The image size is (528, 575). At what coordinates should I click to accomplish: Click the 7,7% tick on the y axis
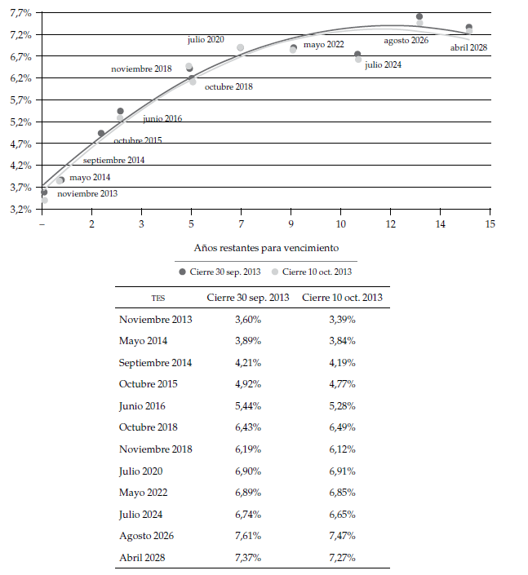[x=20, y=13]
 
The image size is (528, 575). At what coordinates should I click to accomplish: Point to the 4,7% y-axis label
[x=20, y=144]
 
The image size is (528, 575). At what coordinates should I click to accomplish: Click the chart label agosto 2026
[x=406, y=40]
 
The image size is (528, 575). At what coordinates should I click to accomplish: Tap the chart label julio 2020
[x=206, y=39]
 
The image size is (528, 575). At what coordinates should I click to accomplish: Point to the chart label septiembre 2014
[x=114, y=160]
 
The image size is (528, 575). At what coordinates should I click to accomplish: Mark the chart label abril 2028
[x=468, y=48]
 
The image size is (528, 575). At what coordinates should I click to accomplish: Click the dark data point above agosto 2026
[x=419, y=16]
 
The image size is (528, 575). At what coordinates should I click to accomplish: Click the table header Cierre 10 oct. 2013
[x=342, y=298]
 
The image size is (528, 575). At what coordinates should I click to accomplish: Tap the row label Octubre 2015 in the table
[x=148, y=384]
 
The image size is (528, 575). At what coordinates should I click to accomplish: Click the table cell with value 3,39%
[x=342, y=320]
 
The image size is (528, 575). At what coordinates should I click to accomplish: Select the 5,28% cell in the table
[x=342, y=405]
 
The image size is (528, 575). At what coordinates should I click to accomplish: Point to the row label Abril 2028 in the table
[x=144, y=557]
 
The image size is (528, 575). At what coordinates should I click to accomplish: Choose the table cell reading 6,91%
[x=342, y=471]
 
